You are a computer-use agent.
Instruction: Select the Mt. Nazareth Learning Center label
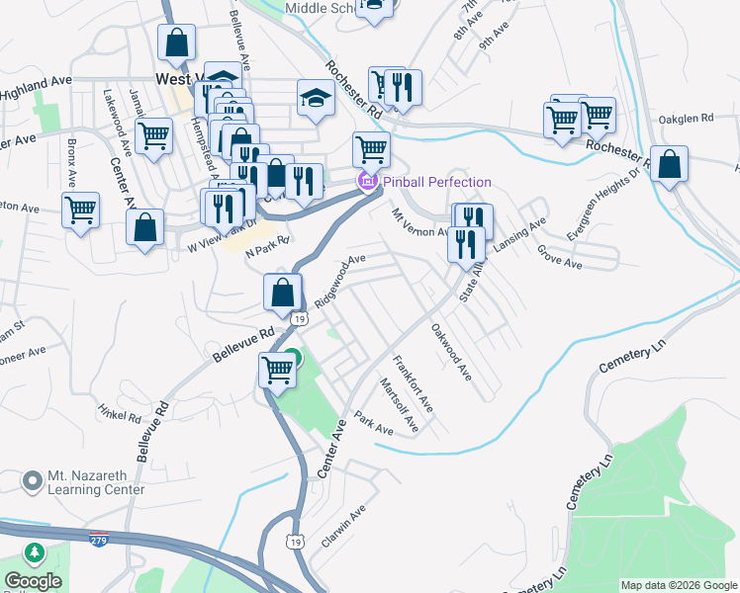(x=96, y=482)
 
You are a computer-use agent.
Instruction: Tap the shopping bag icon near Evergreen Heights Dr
(x=669, y=165)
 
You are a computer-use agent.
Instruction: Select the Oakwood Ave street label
(x=451, y=352)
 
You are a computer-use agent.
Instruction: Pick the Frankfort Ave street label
(x=413, y=383)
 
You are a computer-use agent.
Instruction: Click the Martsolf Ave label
(x=400, y=405)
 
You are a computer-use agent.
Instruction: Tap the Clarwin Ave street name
(x=343, y=528)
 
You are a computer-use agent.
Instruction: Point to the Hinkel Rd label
(x=122, y=411)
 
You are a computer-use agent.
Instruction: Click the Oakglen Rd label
(x=686, y=119)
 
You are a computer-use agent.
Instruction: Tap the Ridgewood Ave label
(x=340, y=280)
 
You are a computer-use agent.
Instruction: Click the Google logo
(x=33, y=581)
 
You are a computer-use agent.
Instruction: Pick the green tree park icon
(x=37, y=551)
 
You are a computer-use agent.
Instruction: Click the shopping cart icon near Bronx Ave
(x=80, y=210)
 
